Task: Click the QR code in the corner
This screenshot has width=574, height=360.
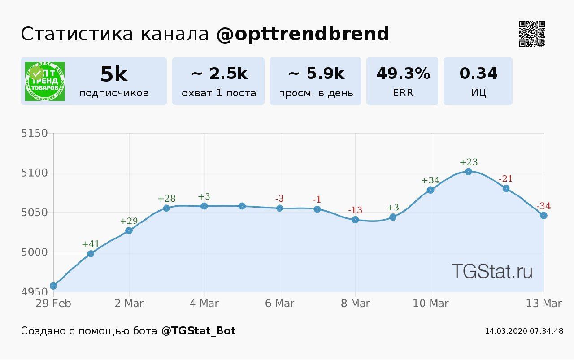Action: (532, 34)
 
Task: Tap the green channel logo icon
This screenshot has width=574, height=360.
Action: (45, 81)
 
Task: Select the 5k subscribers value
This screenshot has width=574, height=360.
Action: (114, 74)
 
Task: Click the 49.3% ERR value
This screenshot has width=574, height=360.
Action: (403, 74)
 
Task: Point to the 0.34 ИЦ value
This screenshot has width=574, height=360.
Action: (478, 74)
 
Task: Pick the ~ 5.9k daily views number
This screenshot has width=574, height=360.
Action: (316, 74)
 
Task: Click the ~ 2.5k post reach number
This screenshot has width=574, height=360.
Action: (219, 74)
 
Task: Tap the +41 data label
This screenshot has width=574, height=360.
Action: (91, 244)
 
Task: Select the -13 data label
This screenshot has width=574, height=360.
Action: (355, 210)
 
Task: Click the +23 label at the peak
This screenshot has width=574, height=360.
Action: (469, 162)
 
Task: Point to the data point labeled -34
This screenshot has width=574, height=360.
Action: (544, 216)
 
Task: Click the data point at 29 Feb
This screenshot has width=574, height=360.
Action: (53, 286)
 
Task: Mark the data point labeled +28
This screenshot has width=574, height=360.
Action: (166, 208)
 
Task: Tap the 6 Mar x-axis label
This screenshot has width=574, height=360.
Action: (280, 304)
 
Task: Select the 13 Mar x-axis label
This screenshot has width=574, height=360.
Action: (544, 304)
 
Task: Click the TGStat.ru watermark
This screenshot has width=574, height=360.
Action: (492, 271)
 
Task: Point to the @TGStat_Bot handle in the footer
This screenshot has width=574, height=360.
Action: (198, 331)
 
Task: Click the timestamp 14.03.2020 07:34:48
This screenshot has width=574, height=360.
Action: (524, 331)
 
